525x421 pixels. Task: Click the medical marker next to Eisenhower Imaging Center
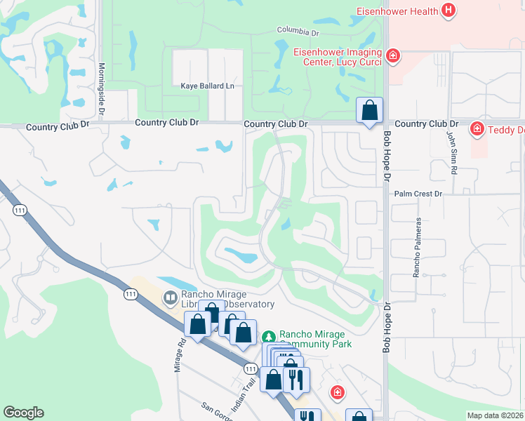[x=393, y=55]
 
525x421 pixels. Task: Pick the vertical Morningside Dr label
[x=102, y=88]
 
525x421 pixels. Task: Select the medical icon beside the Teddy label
[x=477, y=128]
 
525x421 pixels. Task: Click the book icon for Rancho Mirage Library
[x=169, y=298]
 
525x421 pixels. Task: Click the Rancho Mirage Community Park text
[x=315, y=339]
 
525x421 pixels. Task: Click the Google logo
[x=23, y=413]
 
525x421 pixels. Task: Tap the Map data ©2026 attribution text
[x=495, y=415]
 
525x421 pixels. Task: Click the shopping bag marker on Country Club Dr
[x=369, y=111]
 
